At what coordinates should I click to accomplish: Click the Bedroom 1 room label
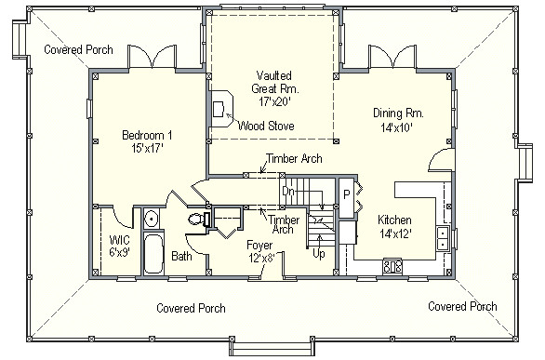[147, 141]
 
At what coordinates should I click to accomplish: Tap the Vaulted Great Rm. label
[274, 88]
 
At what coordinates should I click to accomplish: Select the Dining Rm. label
[398, 120]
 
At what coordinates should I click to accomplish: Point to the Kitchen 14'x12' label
[395, 227]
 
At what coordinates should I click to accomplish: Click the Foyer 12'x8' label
[260, 251]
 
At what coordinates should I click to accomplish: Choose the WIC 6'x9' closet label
[120, 246]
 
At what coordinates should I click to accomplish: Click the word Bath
[181, 257]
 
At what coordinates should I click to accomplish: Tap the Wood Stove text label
[266, 126]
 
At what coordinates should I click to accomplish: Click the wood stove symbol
[220, 109]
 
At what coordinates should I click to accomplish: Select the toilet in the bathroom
[199, 220]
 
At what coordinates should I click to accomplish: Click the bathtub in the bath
[153, 253]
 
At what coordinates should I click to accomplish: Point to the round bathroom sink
[152, 219]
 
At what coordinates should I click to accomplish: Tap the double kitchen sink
[443, 238]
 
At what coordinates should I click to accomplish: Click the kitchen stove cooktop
[392, 267]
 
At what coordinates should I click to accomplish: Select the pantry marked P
[347, 198]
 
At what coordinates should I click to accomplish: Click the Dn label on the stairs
[288, 192]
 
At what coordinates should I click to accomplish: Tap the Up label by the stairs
[319, 254]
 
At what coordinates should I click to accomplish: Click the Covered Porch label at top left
[78, 49]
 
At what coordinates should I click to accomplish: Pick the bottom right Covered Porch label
[462, 306]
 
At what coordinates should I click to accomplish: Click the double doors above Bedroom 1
[152, 57]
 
